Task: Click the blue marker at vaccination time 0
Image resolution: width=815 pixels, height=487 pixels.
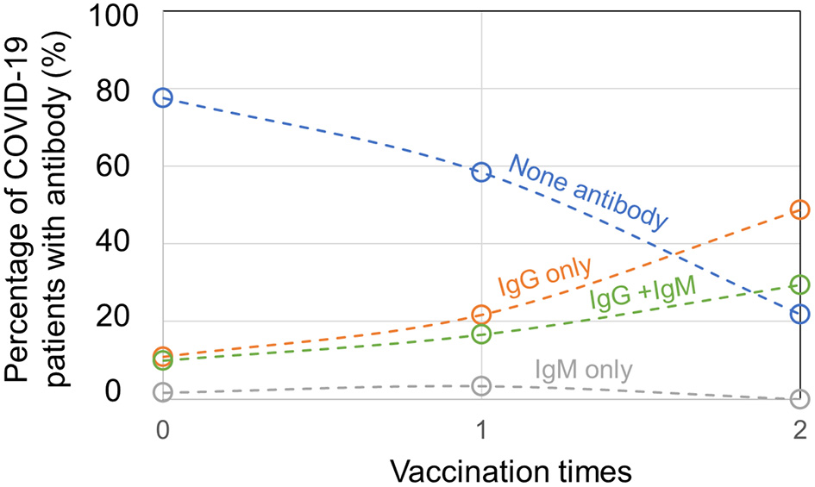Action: point(162,97)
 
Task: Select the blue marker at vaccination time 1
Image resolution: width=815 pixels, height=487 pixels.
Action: point(481,172)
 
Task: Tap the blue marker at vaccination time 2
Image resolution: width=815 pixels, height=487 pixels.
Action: point(799,314)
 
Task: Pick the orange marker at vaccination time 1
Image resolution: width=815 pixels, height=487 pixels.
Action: point(481,315)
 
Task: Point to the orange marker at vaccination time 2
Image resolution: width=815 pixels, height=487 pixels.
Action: point(799,209)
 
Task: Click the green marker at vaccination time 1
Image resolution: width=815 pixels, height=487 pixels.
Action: point(481,334)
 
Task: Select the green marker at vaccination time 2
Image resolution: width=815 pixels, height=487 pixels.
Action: point(799,284)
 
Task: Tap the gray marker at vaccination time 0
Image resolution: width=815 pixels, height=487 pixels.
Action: point(162,392)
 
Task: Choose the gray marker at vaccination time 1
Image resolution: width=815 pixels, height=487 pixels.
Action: point(481,385)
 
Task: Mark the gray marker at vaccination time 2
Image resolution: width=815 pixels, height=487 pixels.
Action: point(799,399)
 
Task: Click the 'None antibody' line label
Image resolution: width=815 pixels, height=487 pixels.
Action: point(589,192)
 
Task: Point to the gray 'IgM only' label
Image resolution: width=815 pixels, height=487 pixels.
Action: point(584,371)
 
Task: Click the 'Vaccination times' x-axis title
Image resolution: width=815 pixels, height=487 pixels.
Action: point(512,470)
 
